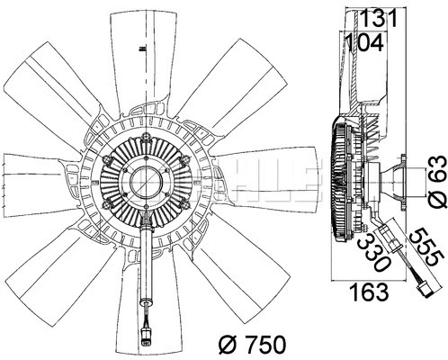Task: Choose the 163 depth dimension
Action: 368,292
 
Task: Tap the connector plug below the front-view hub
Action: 146,338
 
